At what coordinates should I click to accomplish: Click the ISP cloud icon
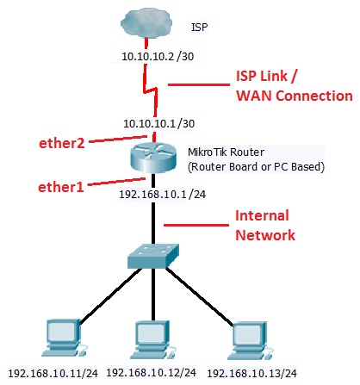pyautogui.click(x=146, y=23)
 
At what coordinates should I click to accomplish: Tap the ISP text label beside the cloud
pyautogui.click(x=200, y=28)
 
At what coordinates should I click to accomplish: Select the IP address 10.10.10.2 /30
pyautogui.click(x=158, y=56)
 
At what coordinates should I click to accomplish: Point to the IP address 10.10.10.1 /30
pyautogui.click(x=158, y=124)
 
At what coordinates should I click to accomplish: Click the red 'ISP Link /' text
pyautogui.click(x=266, y=77)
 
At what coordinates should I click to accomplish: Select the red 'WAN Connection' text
pyautogui.click(x=295, y=96)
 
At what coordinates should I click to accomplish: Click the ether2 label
pyautogui.click(x=62, y=143)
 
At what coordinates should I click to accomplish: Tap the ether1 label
pyautogui.click(x=61, y=187)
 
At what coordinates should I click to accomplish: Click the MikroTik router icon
pyautogui.click(x=153, y=157)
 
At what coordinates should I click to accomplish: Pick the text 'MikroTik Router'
pyautogui.click(x=226, y=152)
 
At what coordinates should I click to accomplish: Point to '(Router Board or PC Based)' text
pyautogui.click(x=256, y=167)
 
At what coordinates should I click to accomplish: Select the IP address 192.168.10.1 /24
pyautogui.click(x=163, y=195)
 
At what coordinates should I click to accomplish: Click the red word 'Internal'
pyautogui.click(x=262, y=215)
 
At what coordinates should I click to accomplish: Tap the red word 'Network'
pyautogui.click(x=265, y=235)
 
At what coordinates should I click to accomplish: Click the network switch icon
pyautogui.click(x=153, y=256)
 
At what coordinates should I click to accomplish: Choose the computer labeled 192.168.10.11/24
pyautogui.click(x=64, y=338)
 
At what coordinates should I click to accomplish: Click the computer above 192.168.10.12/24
pyautogui.click(x=152, y=339)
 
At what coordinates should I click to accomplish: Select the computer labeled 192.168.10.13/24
pyautogui.click(x=250, y=341)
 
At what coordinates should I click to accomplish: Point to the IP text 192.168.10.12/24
pyautogui.click(x=152, y=373)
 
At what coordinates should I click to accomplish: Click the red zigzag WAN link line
pyautogui.click(x=151, y=90)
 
